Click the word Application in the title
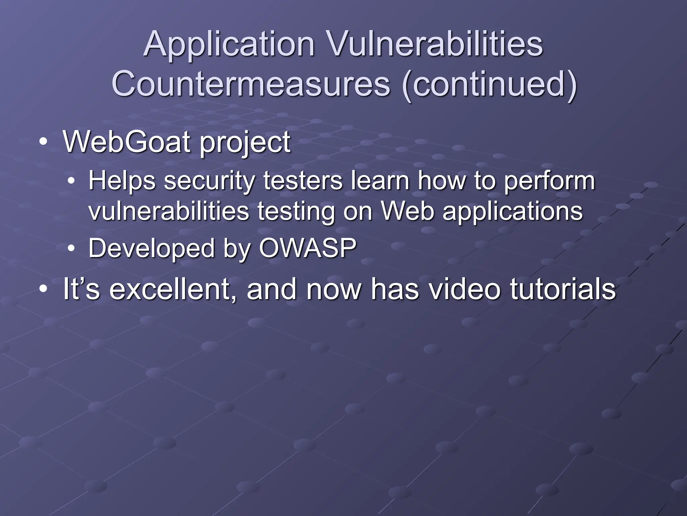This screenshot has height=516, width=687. [x=229, y=44]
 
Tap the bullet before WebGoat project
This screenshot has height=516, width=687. [x=43, y=142]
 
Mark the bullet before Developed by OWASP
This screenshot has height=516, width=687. [x=71, y=249]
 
